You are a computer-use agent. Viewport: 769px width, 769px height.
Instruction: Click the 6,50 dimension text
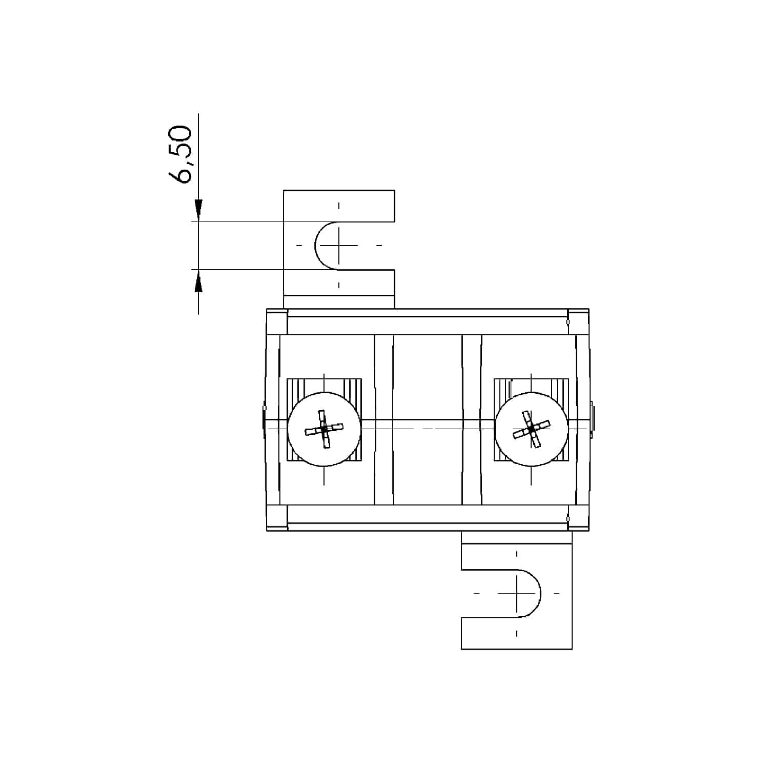[180, 154]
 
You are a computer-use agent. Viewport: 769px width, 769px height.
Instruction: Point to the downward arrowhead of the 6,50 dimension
[198, 210]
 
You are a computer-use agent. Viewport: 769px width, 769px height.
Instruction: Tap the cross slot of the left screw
[324, 429]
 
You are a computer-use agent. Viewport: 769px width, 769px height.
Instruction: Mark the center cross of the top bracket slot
[338, 246]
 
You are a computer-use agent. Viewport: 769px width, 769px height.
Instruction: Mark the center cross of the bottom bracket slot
[517, 593]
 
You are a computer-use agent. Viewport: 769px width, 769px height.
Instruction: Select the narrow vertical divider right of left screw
[384, 420]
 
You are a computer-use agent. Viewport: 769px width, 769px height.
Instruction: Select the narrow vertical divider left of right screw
[472, 420]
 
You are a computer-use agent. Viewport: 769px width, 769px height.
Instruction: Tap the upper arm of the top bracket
[339, 206]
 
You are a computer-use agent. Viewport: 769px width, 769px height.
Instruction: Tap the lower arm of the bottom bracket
[517, 634]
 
